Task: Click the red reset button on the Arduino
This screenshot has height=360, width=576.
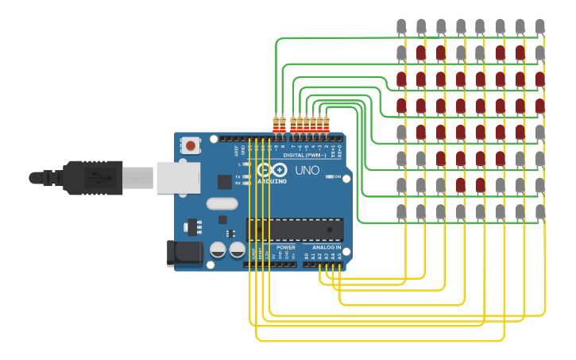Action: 191,145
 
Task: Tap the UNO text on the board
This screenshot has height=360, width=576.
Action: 307,170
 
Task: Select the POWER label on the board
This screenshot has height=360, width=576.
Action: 286,248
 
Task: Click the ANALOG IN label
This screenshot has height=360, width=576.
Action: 327,248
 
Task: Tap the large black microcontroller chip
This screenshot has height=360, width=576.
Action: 295,230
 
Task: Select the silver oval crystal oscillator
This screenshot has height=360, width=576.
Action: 222,203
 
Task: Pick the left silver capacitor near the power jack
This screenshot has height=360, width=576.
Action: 218,250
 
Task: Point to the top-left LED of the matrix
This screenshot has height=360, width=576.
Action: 401,26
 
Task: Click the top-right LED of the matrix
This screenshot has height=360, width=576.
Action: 540,26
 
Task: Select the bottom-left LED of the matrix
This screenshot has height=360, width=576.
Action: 401,212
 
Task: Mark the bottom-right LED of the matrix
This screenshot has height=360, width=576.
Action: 540,212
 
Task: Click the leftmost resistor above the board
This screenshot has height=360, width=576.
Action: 276,125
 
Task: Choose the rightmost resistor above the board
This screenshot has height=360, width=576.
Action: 326,125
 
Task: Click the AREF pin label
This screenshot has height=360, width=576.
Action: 237,149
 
